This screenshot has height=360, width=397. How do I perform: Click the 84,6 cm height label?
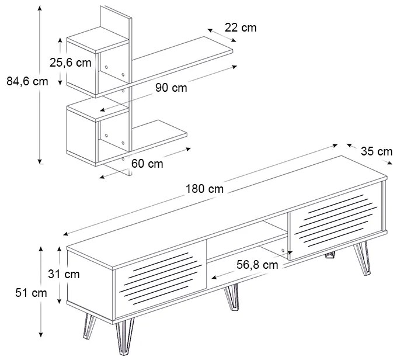tap(27, 81)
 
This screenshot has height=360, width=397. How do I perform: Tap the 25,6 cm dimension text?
tap(70, 63)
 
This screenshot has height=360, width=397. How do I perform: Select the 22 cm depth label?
tap(241, 27)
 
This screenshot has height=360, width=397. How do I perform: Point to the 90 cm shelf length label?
tap(171, 88)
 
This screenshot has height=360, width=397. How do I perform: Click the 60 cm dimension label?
tap(147, 164)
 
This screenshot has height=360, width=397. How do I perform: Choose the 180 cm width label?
tap(204, 189)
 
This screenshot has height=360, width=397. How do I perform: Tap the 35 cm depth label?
tap(377, 151)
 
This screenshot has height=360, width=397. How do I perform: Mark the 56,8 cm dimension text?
tap(257, 265)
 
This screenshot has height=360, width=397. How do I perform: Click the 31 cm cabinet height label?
tap(64, 274)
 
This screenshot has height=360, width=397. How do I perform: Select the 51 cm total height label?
tap(31, 293)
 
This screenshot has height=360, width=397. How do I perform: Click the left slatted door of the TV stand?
tap(161, 278)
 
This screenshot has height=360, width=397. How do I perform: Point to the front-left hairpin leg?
tap(124, 337)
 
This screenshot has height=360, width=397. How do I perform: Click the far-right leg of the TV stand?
tap(363, 258)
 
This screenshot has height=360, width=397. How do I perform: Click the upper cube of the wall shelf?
tap(98, 62)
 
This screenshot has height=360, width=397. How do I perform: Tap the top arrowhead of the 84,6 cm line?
tap(40, 8)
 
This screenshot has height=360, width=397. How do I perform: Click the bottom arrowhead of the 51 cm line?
tap(41, 335)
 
